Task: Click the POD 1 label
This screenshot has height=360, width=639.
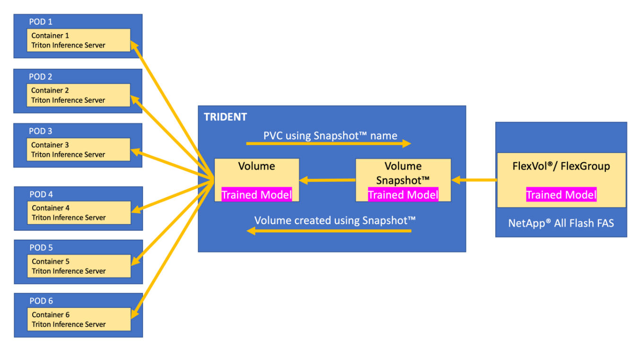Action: pyautogui.click(x=41, y=22)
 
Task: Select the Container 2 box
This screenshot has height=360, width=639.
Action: pyautogui.click(x=78, y=95)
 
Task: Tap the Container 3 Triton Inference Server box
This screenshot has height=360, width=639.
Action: pyautogui.click(x=78, y=149)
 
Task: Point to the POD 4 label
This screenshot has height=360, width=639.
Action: pyautogui.click(x=41, y=194)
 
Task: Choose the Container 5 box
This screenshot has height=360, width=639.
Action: pyautogui.click(x=79, y=266)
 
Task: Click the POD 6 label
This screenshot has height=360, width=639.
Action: pyautogui.click(x=41, y=301)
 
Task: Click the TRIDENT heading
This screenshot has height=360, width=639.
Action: pyautogui.click(x=225, y=117)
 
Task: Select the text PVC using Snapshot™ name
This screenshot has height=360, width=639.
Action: pyautogui.click(x=330, y=136)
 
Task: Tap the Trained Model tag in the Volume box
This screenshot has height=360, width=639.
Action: pyautogui.click(x=256, y=194)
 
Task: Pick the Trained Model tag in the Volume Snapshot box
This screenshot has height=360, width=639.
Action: pyautogui.click(x=403, y=194)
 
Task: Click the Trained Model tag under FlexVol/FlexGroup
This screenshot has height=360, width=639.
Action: pyautogui.click(x=561, y=194)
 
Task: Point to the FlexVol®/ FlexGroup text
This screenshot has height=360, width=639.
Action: pyautogui.click(x=561, y=166)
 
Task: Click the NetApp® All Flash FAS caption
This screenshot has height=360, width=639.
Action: pyautogui.click(x=561, y=223)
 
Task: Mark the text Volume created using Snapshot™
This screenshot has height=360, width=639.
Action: pyautogui.click(x=335, y=220)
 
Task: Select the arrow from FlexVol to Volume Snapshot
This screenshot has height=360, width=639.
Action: pyautogui.click(x=474, y=180)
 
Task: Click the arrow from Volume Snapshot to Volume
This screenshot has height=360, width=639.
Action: pyautogui.click(x=327, y=180)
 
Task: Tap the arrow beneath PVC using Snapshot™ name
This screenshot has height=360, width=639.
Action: pyautogui.click(x=329, y=143)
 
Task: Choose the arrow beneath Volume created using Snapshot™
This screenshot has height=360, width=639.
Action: pyautogui.click(x=329, y=231)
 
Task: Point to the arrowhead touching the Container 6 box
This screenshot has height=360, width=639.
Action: pyautogui.click(x=134, y=314)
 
